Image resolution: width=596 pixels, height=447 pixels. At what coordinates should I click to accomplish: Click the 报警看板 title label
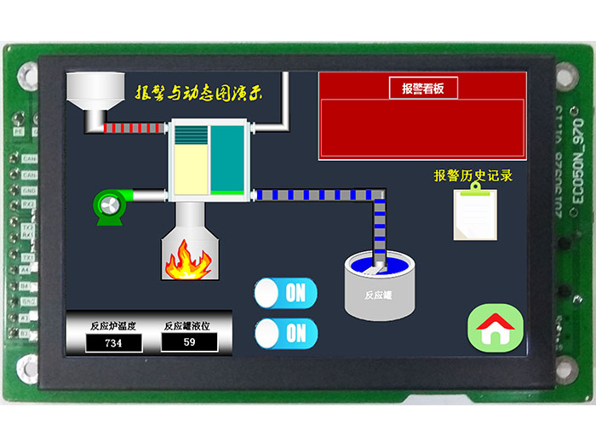tap(423, 88)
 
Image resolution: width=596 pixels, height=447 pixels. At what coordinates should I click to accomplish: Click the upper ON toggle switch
tap(286, 293)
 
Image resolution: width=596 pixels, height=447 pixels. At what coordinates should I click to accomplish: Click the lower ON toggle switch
tap(286, 333)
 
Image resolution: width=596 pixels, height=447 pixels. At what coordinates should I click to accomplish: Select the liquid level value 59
tap(189, 342)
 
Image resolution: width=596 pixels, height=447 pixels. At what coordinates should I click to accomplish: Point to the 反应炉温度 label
tap(113, 325)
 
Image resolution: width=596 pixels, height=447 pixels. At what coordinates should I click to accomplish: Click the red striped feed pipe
tap(135, 128)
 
